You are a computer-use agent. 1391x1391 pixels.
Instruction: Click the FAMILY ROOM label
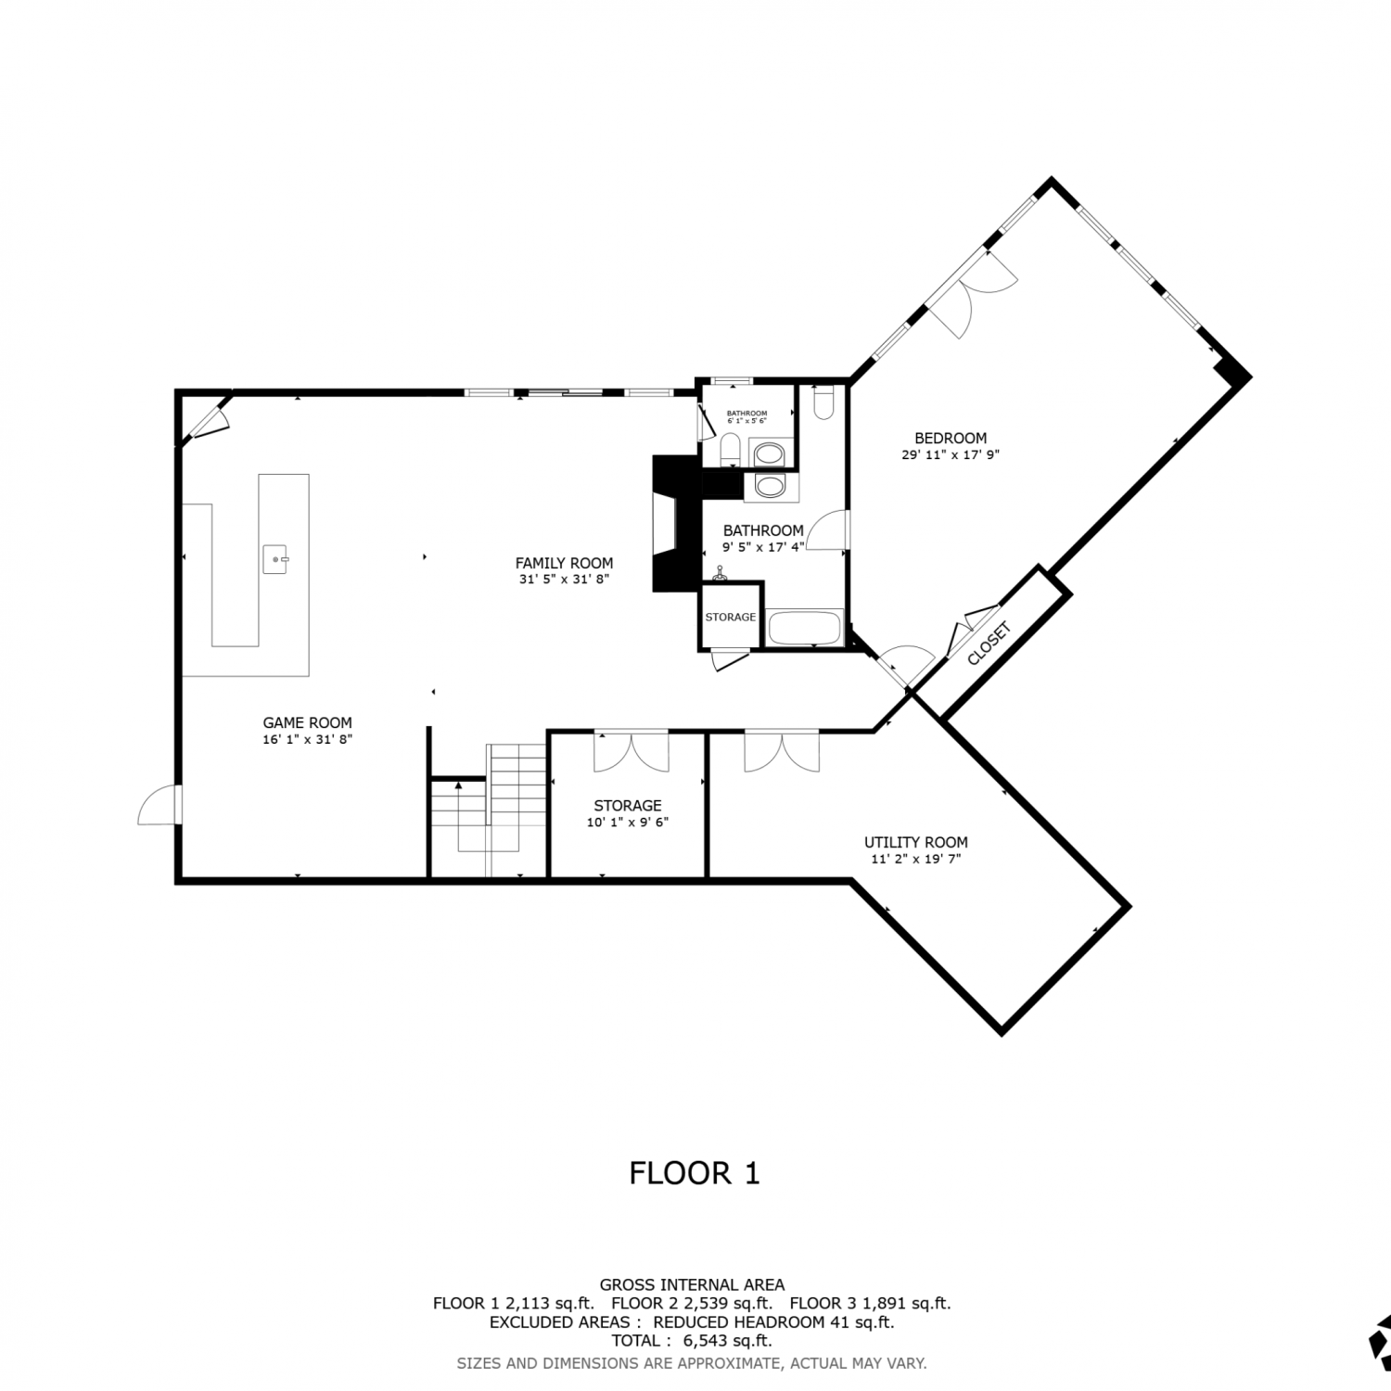pyautogui.click(x=564, y=563)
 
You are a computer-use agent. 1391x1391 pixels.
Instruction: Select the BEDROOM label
pyautogui.click(x=951, y=439)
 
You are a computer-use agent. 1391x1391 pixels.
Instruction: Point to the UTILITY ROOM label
pyautogui.click(x=915, y=843)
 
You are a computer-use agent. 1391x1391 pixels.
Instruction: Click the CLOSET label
pyautogui.click(x=988, y=643)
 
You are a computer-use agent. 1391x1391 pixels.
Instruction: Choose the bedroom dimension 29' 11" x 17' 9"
pyautogui.click(x=951, y=455)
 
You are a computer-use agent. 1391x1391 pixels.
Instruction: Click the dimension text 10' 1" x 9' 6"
pyautogui.click(x=627, y=823)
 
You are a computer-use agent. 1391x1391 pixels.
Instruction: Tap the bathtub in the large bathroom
pyautogui.click(x=805, y=627)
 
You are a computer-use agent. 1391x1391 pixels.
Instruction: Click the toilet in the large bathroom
pyautogui.click(x=823, y=401)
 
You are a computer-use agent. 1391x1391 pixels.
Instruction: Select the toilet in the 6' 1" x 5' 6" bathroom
pyautogui.click(x=730, y=450)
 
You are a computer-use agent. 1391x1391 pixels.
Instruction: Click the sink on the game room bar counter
pyautogui.click(x=276, y=560)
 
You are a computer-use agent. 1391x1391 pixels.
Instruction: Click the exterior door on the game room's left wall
pyautogui.click(x=159, y=804)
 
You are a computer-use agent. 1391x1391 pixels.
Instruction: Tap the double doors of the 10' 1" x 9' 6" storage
pyautogui.click(x=631, y=751)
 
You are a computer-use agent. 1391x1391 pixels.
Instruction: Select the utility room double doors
pyautogui.click(x=782, y=751)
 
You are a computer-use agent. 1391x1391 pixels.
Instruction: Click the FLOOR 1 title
pyautogui.click(x=695, y=1173)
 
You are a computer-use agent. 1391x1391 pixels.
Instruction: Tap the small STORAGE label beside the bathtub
pyautogui.click(x=731, y=617)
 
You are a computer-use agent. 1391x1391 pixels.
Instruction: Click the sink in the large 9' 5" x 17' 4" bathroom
pyautogui.click(x=770, y=486)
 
